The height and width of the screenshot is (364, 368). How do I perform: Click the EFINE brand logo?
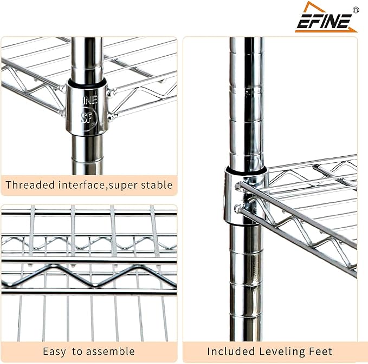(326, 17)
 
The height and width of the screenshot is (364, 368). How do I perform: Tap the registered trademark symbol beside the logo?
(356, 10)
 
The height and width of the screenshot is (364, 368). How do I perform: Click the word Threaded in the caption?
(30, 185)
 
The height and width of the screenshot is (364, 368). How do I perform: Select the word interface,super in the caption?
(98, 185)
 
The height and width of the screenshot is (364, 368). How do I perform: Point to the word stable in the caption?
(157, 185)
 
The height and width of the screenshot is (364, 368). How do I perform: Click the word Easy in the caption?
(54, 352)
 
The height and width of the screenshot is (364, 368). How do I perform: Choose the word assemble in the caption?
(111, 352)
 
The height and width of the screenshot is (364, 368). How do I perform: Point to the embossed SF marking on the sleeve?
(86, 117)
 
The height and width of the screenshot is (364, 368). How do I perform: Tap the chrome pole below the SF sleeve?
(87, 155)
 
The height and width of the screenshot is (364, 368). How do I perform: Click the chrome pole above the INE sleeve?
(87, 58)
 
